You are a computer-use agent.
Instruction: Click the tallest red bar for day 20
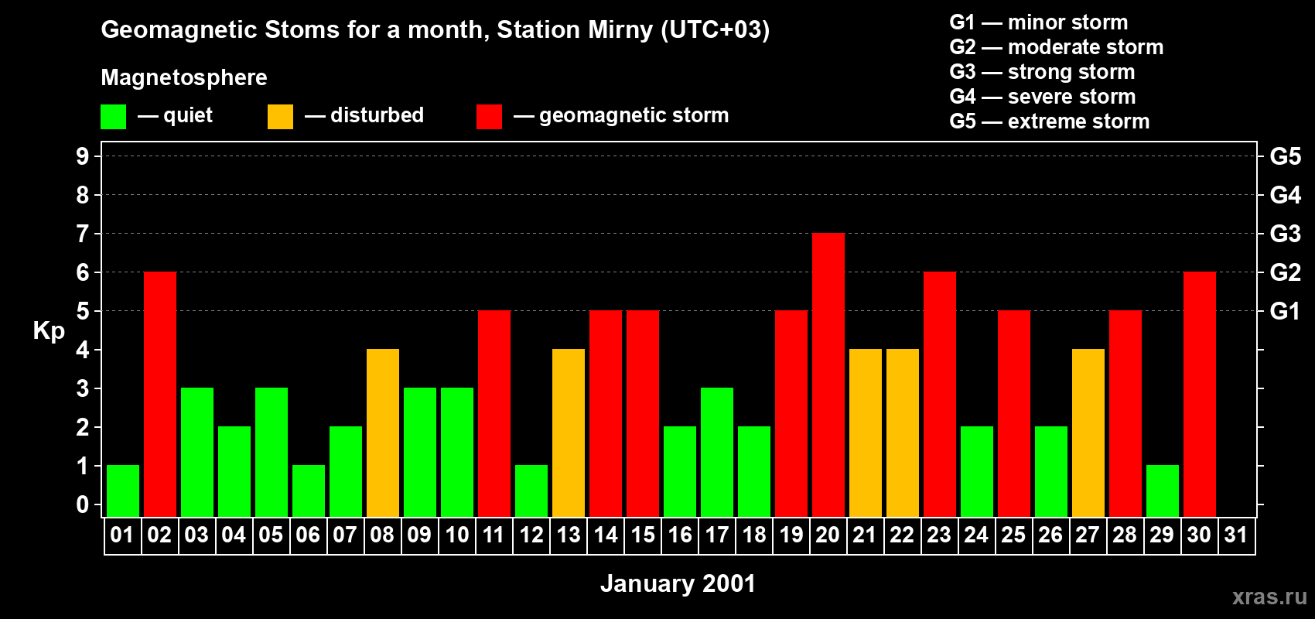[x=828, y=375]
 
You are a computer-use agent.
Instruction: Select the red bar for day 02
[x=159, y=395]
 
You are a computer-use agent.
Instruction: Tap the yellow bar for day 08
[x=382, y=433]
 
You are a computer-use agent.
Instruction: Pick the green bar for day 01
[x=122, y=491]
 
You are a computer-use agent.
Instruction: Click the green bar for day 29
[x=1162, y=491]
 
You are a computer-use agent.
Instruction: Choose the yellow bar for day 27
[x=1088, y=433]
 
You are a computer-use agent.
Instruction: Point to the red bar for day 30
[x=1199, y=395]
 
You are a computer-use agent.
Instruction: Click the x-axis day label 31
[x=1235, y=535]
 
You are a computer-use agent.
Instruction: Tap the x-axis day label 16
[x=679, y=535]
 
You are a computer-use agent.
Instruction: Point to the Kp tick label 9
[x=83, y=156]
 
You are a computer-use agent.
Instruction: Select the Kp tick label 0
[x=83, y=504]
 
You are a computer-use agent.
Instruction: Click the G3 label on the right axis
[x=1285, y=234]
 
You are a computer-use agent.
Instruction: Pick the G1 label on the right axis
[x=1285, y=311]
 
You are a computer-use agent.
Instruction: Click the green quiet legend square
[x=113, y=117]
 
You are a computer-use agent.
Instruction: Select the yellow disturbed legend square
[x=280, y=117]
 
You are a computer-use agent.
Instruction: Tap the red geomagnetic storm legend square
[x=489, y=117]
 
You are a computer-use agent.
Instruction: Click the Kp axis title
[x=49, y=330]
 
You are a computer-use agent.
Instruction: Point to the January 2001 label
[x=678, y=583]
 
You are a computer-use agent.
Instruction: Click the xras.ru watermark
[x=1269, y=597]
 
